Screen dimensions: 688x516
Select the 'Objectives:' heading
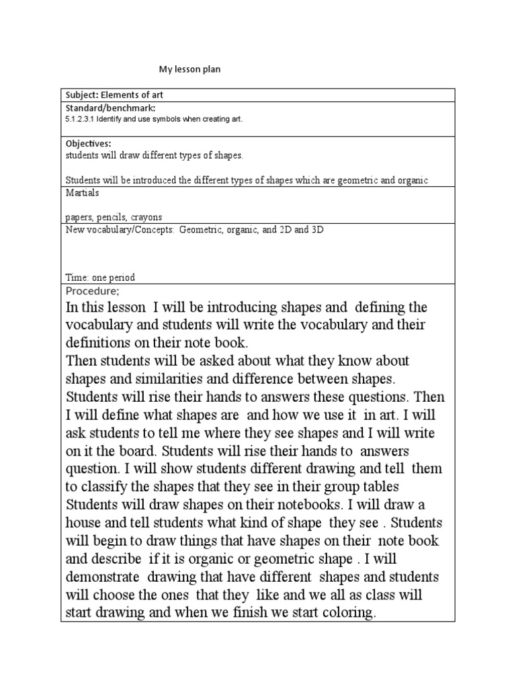tap(87, 144)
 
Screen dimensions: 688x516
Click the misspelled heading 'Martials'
tap(82, 193)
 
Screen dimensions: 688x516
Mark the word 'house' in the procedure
tap(84, 522)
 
